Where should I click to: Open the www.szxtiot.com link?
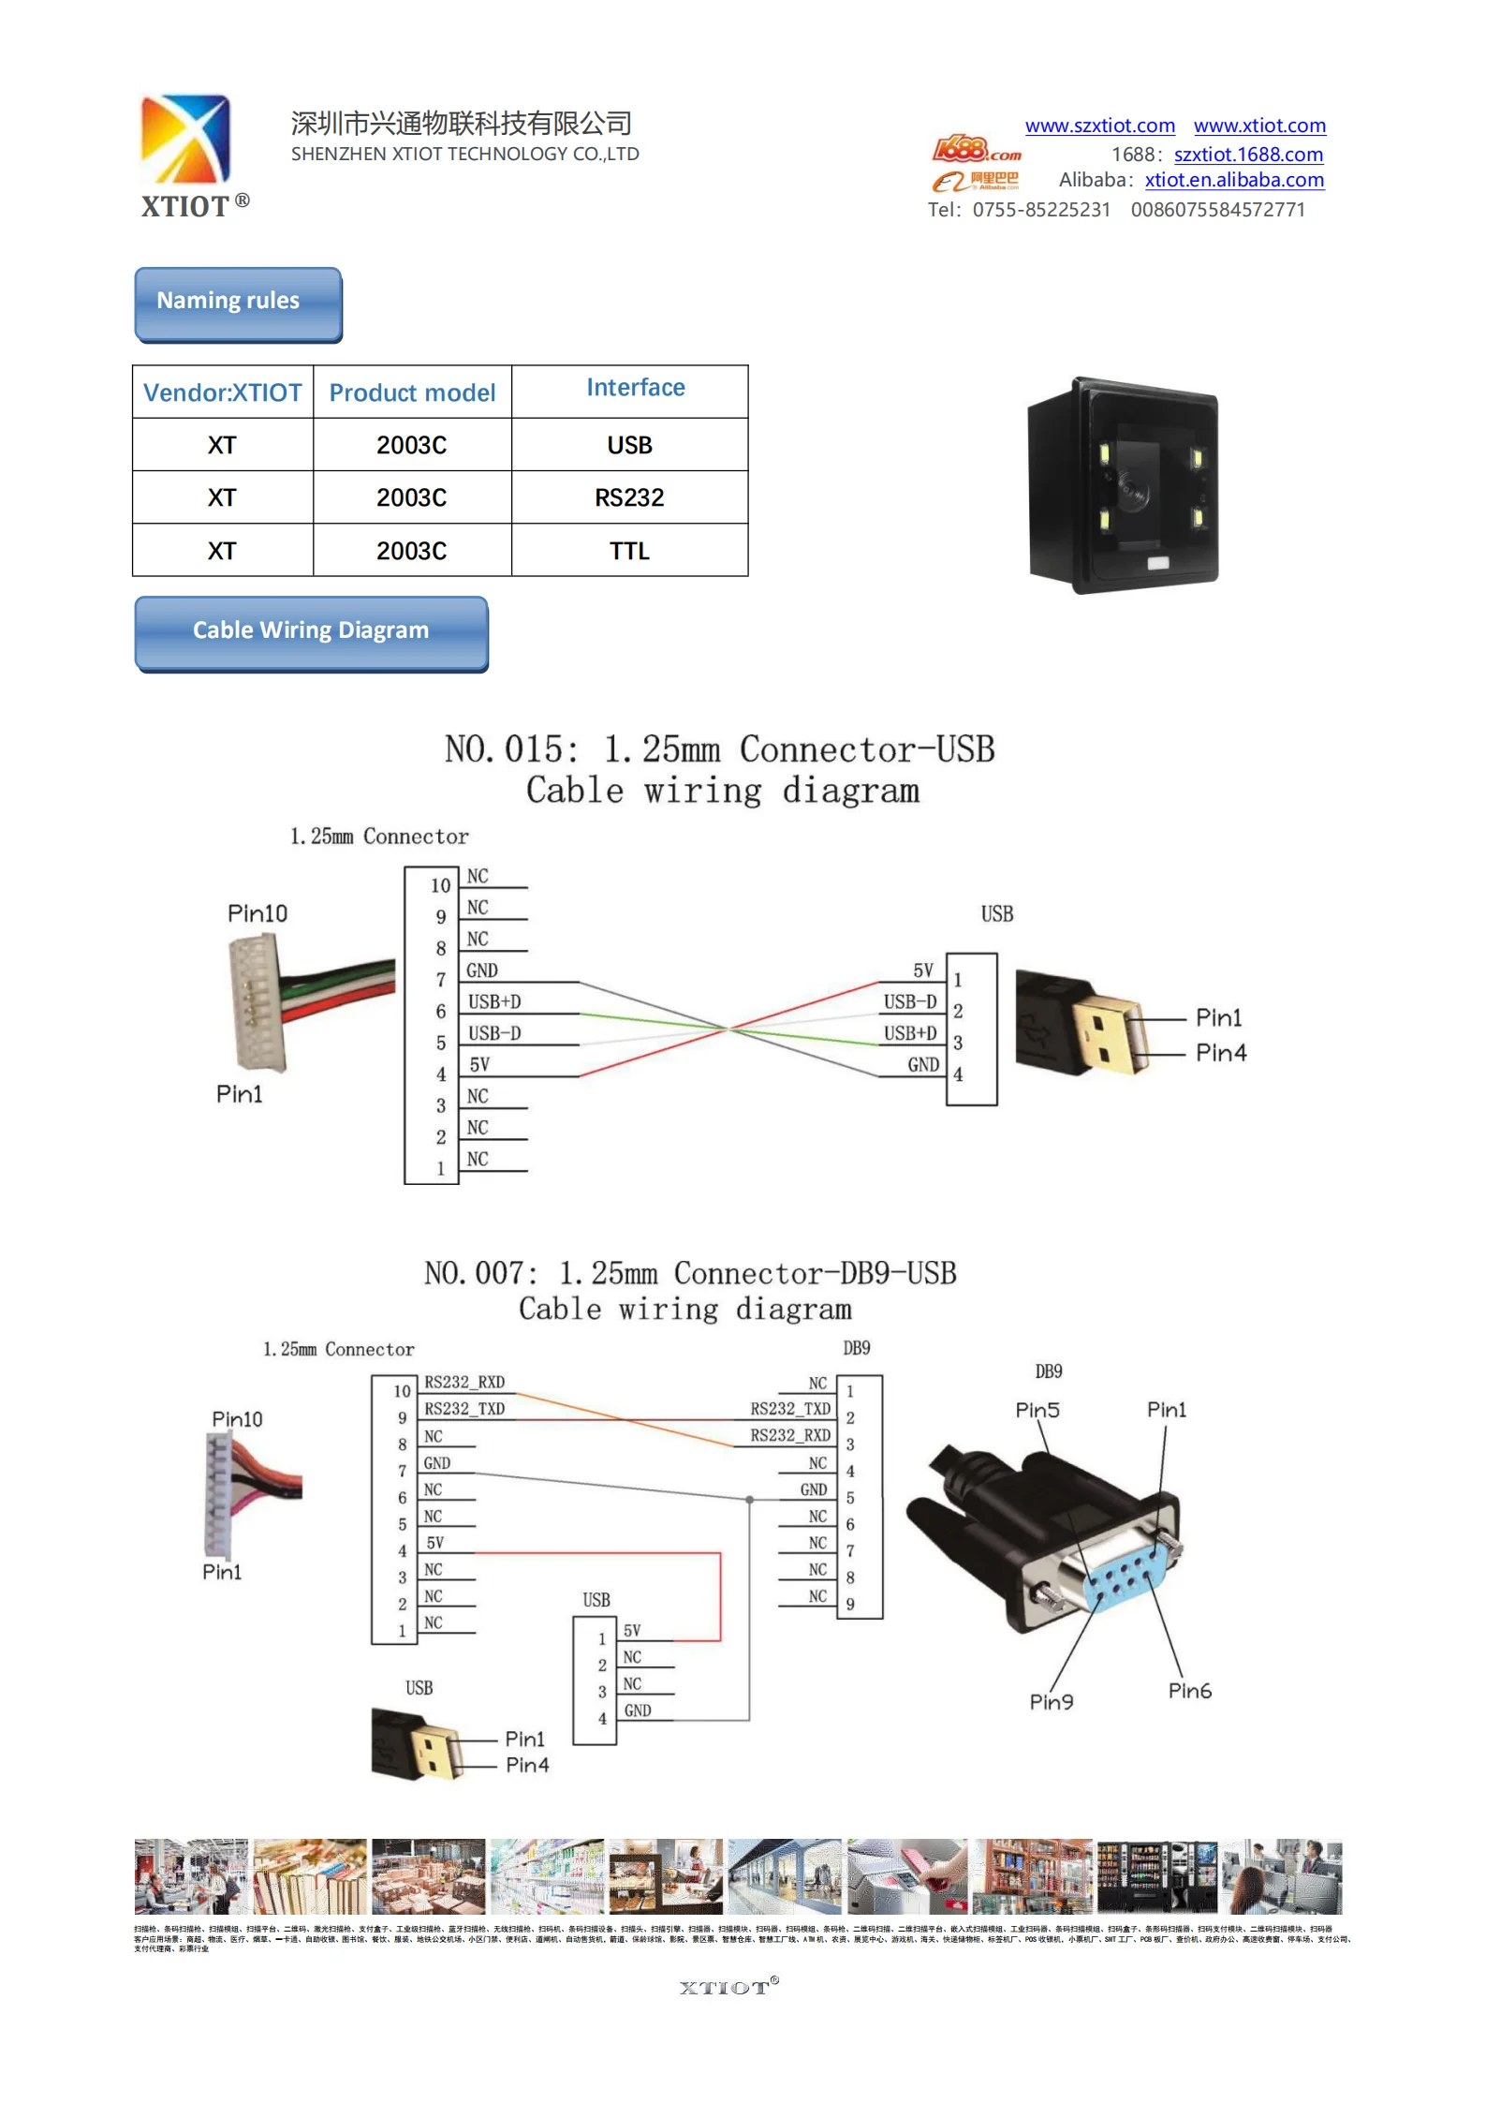pos(1099,126)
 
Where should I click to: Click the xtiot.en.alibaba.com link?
pos(1234,180)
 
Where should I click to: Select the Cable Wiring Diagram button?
pos(311,631)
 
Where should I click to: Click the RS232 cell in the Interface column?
pos(629,497)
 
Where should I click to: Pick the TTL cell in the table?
pos(629,551)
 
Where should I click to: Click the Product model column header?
pos(412,392)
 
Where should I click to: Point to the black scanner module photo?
pos(1125,484)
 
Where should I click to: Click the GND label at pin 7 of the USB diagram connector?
pos(482,970)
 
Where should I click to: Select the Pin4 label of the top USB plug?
pos(1221,1053)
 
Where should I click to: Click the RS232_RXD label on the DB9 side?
pos(789,1435)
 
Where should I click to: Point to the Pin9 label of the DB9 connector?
pos(1052,1702)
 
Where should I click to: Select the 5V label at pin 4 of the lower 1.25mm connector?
pos(435,1543)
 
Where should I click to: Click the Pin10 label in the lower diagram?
pos(237,1419)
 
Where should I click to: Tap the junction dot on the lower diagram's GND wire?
pos(749,1500)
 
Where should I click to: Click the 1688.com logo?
pos(976,150)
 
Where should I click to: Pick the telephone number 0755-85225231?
pos(1041,210)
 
